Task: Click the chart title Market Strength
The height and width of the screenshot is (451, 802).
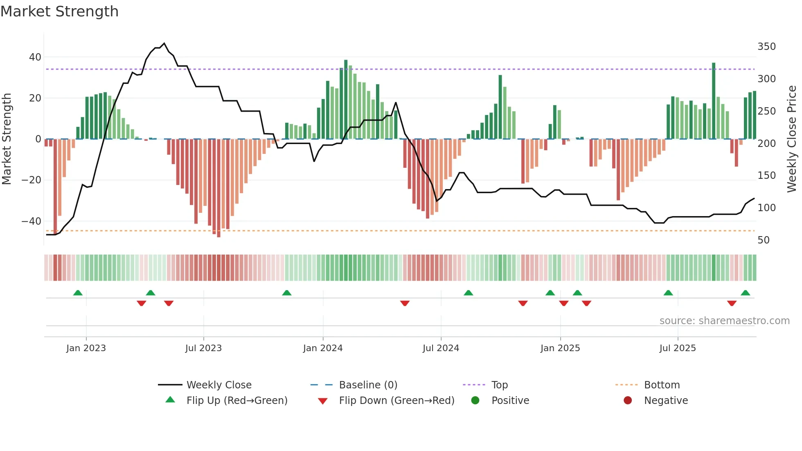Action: tap(59, 11)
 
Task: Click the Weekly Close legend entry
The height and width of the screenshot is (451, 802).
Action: tap(219, 385)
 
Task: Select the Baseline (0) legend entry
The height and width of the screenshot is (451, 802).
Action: tap(368, 385)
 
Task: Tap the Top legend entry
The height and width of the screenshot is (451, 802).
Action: tap(499, 385)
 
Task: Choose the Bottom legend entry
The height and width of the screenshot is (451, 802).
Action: tap(662, 385)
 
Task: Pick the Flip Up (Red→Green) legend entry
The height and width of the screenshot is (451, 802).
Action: tap(237, 400)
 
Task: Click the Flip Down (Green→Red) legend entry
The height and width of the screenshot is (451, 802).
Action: tap(396, 400)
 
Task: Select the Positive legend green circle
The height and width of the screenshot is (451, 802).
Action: tap(475, 400)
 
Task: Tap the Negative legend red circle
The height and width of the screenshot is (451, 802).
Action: tap(628, 400)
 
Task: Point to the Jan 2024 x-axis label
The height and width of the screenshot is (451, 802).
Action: tap(322, 348)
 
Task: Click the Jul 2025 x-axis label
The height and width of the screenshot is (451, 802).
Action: tap(677, 348)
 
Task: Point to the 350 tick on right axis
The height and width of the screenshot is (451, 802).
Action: tap(766, 47)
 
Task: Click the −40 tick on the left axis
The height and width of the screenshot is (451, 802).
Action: tap(32, 221)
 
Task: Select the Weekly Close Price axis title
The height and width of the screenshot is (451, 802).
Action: tap(792, 139)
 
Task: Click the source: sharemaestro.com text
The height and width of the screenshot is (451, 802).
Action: tap(724, 321)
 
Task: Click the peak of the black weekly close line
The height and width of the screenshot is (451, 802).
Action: tap(164, 43)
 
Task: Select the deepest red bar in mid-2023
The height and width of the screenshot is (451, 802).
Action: tap(219, 188)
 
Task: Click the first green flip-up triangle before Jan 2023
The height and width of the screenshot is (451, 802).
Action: tap(78, 293)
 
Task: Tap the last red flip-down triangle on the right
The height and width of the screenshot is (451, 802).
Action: tap(732, 303)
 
